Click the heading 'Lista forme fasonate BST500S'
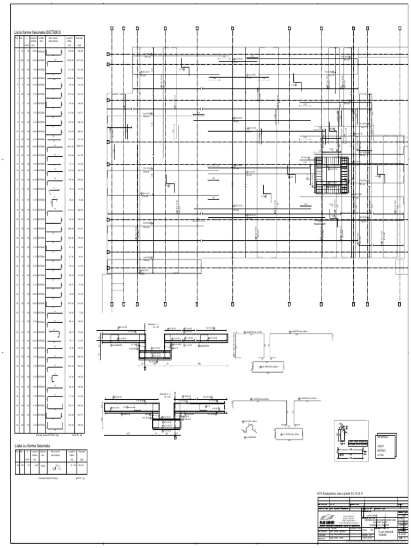coord(34,33)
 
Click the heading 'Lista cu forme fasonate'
coord(32,445)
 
